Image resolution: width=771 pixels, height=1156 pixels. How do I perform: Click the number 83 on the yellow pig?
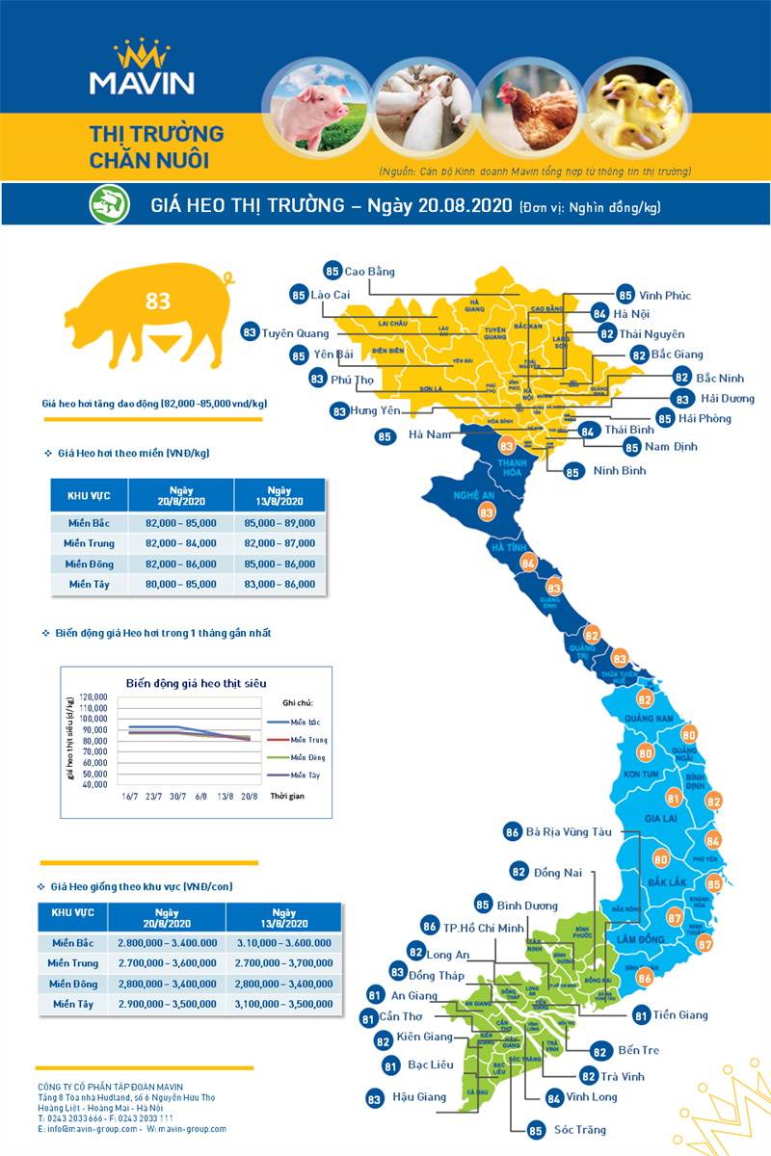[158, 302]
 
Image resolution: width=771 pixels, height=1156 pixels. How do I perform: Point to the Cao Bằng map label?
[369, 272]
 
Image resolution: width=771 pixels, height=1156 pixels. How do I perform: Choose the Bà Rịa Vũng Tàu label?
[570, 831]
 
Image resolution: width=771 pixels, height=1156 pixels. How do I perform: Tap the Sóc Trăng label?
[580, 1129]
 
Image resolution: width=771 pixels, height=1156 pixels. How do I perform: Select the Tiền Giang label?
[679, 1014]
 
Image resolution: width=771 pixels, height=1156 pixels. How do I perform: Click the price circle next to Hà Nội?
[599, 314]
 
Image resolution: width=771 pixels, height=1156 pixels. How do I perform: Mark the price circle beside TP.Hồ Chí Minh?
[430, 927]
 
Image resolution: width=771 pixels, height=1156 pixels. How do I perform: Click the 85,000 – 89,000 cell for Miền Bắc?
[279, 522]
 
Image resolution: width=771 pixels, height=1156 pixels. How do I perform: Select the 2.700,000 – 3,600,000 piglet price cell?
[167, 962]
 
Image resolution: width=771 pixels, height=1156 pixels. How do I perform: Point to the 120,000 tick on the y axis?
[93, 696]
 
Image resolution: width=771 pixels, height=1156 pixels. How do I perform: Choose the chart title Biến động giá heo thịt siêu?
[196, 683]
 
